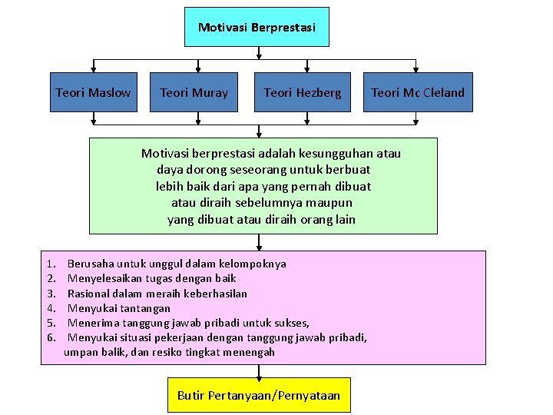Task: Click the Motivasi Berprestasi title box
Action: click(257, 27)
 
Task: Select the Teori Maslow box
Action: click(93, 92)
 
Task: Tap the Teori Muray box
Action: click(194, 92)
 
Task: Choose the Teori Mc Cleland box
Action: click(417, 92)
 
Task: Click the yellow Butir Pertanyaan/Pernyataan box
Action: click(258, 395)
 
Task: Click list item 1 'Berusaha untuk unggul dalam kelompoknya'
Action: click(177, 264)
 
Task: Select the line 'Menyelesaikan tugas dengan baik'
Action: click(151, 278)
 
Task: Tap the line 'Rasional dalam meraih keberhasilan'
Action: click(157, 293)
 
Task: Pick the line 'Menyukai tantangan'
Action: click(118, 308)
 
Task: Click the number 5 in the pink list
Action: click(51, 323)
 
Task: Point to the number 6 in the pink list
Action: click(51, 337)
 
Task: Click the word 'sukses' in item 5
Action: click(292, 323)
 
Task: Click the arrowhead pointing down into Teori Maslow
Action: click(94, 68)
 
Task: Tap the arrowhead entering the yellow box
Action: click(260, 373)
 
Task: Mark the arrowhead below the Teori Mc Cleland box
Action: click(416, 120)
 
